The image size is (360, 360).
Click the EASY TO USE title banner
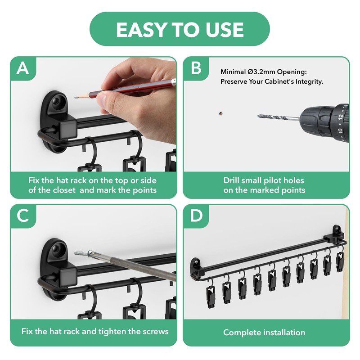[x=180, y=29]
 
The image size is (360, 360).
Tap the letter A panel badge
[x=23, y=68]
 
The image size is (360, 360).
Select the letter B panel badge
[x=196, y=68]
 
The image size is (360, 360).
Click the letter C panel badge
[x=23, y=216]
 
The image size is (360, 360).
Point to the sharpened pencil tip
[x=75, y=98]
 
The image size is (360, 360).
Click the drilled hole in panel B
[x=221, y=113]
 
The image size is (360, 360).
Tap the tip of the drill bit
[x=258, y=116]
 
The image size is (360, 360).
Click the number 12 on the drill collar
[x=341, y=117]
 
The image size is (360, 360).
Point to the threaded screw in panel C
[x=81, y=253]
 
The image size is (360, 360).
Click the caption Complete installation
[x=264, y=333]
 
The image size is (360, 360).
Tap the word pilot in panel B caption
[x=272, y=180]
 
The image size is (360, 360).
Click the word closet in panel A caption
[x=64, y=190]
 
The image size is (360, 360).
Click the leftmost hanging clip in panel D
[x=211, y=294]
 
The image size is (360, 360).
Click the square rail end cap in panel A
[x=68, y=130]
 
